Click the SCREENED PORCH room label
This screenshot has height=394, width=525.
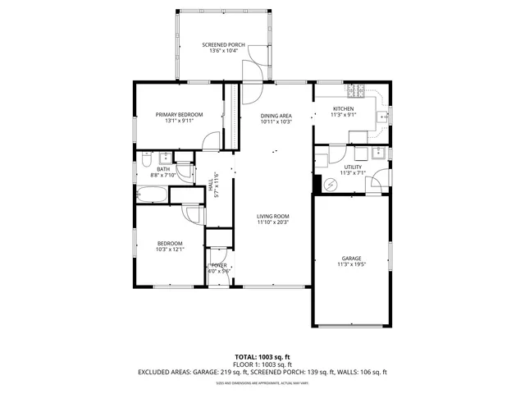(223, 44)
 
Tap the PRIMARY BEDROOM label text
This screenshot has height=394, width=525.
(179, 115)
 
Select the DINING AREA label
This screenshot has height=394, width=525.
(276, 116)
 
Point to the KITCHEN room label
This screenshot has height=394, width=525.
(343, 109)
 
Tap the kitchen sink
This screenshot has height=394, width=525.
(381, 117)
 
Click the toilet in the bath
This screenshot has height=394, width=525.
(146, 158)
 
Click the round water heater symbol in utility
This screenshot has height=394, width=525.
(331, 185)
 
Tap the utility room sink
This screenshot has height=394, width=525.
(378, 152)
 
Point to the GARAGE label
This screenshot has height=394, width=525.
(352, 259)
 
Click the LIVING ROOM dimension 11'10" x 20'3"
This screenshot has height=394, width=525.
(273, 222)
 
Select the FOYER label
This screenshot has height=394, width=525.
(219, 265)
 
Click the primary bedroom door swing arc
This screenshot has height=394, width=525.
(212, 141)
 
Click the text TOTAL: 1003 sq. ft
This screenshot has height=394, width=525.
(262, 357)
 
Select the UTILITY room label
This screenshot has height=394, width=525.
(352, 167)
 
